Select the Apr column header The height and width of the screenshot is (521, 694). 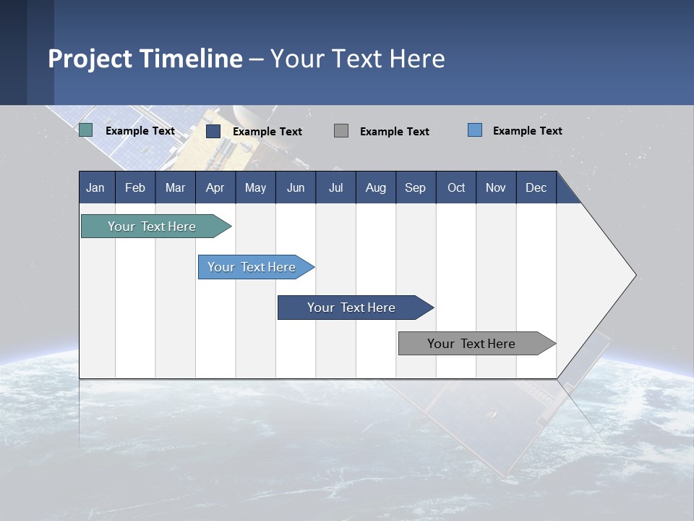click(215, 187)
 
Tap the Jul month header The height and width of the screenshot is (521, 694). click(336, 187)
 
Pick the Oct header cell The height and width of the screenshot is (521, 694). click(456, 187)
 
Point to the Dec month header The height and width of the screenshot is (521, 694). click(536, 187)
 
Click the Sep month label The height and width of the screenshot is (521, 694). click(415, 187)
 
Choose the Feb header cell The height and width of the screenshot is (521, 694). click(135, 187)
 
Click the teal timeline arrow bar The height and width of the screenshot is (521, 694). click(156, 226)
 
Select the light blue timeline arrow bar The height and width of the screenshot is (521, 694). click(256, 267)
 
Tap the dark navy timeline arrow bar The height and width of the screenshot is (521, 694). click(356, 308)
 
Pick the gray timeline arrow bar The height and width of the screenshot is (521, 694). click(477, 343)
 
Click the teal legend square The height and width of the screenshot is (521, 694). click(85, 130)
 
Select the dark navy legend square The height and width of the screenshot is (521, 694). click(213, 131)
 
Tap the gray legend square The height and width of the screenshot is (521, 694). click(341, 131)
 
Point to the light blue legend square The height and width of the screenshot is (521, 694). click(475, 130)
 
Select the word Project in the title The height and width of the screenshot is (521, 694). click(90, 59)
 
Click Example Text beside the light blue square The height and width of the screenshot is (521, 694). click(528, 131)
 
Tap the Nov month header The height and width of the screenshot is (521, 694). click(496, 187)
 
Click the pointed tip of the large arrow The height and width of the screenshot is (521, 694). click(636, 275)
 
